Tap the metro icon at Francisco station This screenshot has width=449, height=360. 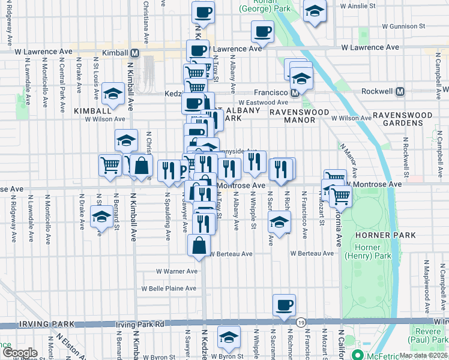295,93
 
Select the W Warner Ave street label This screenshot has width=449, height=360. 176,271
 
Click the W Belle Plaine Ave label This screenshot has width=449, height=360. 169,288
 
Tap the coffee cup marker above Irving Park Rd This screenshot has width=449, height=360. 284,305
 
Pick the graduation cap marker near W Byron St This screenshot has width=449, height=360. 229,337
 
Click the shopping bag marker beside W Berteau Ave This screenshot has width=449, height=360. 199,245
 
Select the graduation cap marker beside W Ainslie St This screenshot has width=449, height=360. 314,11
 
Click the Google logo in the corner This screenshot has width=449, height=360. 19,353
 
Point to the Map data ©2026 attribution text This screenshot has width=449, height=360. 423,355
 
